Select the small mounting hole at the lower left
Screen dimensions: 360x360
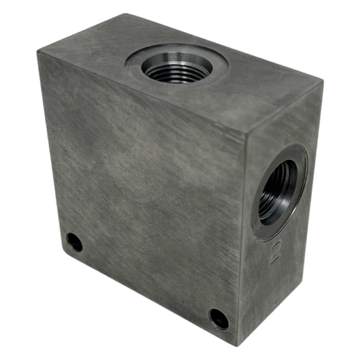[75, 242]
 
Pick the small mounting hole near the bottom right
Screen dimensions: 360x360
[219, 319]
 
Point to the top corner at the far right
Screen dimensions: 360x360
[322, 83]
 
